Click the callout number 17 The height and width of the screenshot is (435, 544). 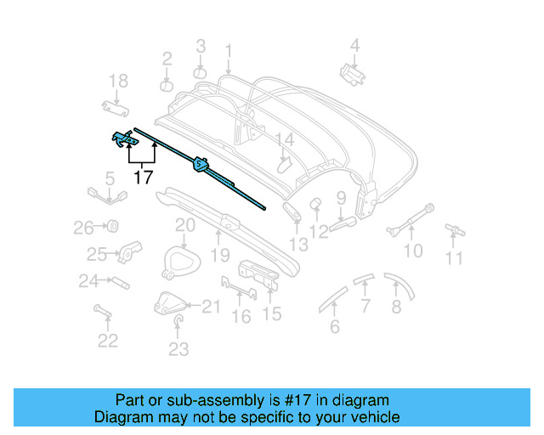[x=143, y=178]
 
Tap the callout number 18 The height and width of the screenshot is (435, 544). [x=118, y=81]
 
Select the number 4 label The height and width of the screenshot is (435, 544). [x=355, y=46]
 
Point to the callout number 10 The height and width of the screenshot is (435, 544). [x=412, y=251]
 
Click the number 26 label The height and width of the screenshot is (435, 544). [x=82, y=228]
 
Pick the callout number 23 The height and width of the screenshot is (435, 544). [x=178, y=348]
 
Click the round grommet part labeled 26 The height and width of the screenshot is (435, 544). [x=110, y=227]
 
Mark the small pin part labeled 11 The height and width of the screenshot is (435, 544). [x=456, y=229]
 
